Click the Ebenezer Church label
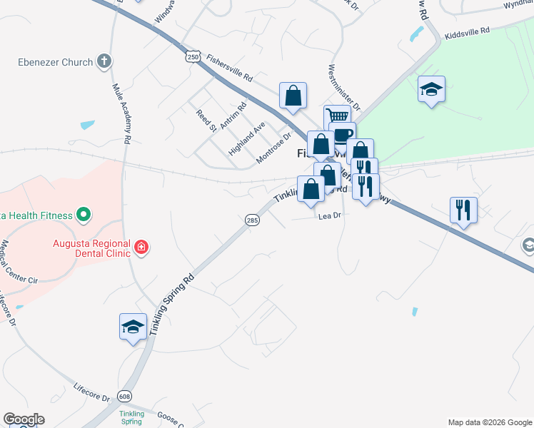[x=56, y=62]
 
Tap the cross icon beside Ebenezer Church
[x=104, y=61]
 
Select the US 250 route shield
[x=191, y=56]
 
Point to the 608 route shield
[x=126, y=396]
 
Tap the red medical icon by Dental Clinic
[x=142, y=248]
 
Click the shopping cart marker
[x=336, y=116]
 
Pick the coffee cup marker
[x=342, y=134]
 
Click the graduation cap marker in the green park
[x=431, y=88]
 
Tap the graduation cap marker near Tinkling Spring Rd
[x=133, y=326]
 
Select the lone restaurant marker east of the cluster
[x=463, y=209]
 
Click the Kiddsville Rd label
[x=467, y=31]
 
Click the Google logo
[x=23, y=419]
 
